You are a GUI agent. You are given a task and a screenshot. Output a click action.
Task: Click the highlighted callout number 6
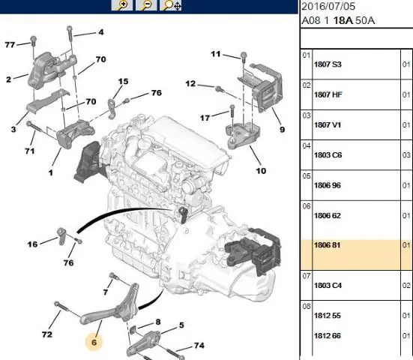click(94, 342)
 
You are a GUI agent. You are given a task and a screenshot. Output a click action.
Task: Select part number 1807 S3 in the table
click(328, 64)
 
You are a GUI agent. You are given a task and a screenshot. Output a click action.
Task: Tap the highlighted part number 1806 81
click(327, 245)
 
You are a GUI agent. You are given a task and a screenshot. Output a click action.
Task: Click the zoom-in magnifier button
click(122, 5)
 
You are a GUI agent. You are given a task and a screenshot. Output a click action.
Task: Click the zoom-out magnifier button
click(146, 5)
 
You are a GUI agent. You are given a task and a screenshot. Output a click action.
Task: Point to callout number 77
click(10, 45)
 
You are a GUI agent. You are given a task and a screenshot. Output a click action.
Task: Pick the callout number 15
click(123, 82)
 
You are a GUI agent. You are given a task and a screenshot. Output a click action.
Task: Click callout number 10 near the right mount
click(261, 171)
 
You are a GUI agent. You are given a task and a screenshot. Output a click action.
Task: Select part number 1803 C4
click(328, 286)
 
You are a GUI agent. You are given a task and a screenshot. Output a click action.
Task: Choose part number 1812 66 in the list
click(328, 336)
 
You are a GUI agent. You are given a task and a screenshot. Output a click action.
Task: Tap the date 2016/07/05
click(328, 7)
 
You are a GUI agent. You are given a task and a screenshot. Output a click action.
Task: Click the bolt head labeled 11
click(244, 55)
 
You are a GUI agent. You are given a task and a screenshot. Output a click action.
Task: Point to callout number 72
click(47, 334)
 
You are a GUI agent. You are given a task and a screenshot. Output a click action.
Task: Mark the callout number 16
click(32, 244)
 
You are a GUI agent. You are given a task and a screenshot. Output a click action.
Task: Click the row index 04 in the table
click(307, 145)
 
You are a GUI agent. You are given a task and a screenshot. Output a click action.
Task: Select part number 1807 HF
click(328, 94)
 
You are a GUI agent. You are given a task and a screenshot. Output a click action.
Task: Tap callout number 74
click(199, 345)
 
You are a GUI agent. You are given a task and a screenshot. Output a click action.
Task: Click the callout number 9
click(282, 130)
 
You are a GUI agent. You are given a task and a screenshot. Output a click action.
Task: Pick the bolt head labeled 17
click(232, 107)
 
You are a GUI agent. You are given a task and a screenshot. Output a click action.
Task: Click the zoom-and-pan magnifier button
click(171, 5)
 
